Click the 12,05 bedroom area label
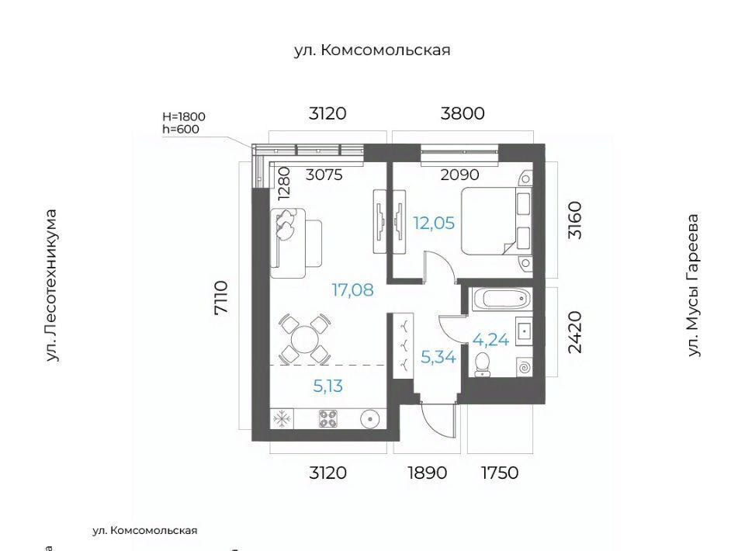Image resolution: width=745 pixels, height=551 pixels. (434, 223)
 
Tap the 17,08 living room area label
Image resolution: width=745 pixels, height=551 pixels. (352, 289)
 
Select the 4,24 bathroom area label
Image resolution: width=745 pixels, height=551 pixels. (490, 340)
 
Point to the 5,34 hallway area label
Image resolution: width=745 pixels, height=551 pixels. (438, 356)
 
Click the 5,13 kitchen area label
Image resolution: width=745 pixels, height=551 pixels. (327, 386)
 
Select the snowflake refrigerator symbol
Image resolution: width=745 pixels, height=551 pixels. (282, 419)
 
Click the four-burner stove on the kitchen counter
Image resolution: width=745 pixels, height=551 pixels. (327, 419)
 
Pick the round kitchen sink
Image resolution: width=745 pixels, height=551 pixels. (369, 419)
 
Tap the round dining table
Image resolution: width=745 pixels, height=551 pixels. (304, 339)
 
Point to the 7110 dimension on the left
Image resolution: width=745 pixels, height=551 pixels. (221, 297)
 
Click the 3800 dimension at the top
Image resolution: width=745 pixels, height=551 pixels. (463, 113)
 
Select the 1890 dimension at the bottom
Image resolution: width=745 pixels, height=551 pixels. (427, 473)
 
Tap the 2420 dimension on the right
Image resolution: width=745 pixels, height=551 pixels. (574, 332)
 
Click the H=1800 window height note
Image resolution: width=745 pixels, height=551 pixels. (184, 116)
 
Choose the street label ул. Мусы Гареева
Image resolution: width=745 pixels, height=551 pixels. (693, 285)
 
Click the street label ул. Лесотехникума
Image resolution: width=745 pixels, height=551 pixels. (51, 286)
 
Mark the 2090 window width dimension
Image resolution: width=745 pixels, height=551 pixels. (459, 175)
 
